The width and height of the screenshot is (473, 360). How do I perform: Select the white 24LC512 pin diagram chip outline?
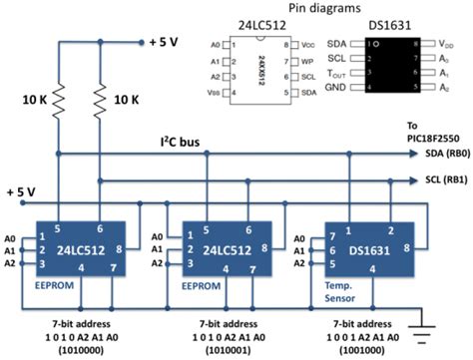click(258, 69)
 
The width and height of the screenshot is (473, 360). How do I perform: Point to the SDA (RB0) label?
click(435, 156)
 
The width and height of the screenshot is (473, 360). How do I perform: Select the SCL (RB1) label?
click(435, 180)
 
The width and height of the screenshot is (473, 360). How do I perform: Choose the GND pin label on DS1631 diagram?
click(339, 90)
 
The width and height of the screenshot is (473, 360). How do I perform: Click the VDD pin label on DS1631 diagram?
click(443, 45)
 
